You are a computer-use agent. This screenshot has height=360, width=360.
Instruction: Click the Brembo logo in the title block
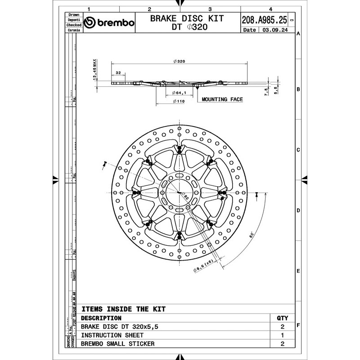pos(109,22)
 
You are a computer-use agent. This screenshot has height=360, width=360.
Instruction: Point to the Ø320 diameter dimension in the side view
pos(179,61)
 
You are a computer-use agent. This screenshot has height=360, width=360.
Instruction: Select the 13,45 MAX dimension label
pos(95,70)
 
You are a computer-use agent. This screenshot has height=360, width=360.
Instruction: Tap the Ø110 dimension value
pos(179,102)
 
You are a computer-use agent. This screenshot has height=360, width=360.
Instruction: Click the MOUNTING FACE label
pos(222,99)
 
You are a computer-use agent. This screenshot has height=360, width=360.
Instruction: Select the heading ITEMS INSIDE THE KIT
pos(123,309)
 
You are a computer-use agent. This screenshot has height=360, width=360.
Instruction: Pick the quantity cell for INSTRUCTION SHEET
pos(282,335)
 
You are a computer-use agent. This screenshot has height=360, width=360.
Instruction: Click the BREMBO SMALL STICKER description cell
pos(118,344)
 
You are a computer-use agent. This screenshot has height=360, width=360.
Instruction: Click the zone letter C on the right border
pos(298,150)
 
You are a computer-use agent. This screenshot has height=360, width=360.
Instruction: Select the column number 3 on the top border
pos(210,9)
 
